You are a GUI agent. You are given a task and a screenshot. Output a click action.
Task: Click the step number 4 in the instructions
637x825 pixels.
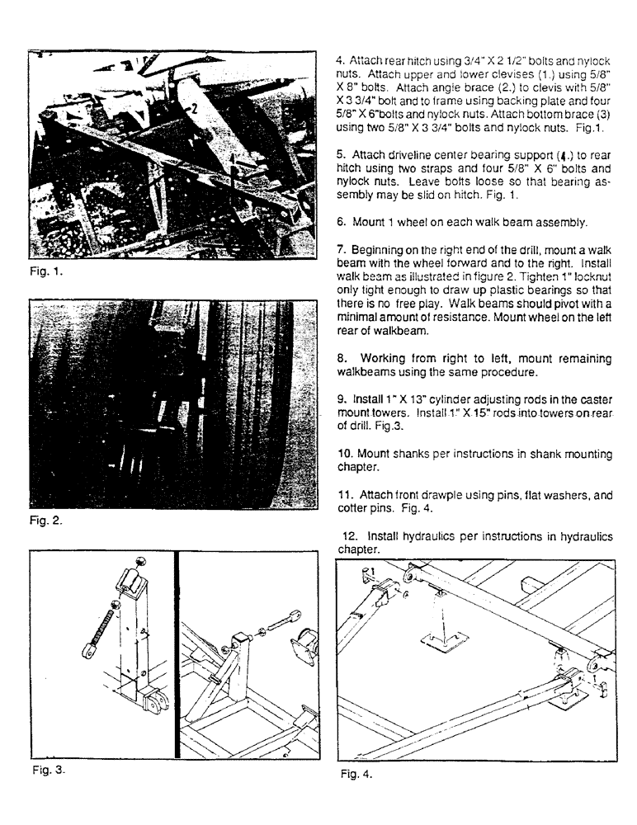tap(339, 61)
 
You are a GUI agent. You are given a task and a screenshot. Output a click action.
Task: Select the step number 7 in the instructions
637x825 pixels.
tap(339, 249)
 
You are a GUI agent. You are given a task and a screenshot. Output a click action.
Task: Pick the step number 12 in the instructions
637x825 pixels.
tap(346, 535)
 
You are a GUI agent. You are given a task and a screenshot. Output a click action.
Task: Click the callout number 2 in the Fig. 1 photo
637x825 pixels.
tap(191, 107)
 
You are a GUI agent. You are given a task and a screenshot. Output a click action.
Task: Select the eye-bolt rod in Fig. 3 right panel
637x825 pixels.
tap(280, 621)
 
